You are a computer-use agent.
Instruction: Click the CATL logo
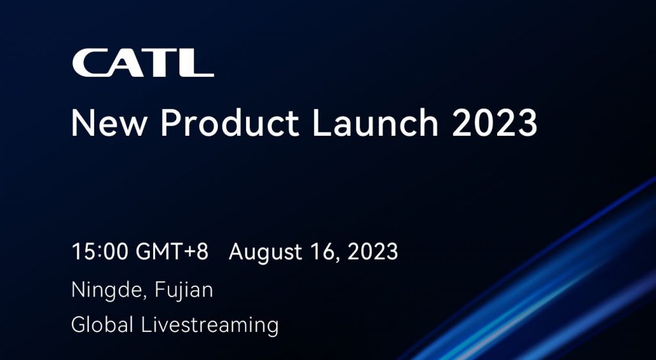point(143,63)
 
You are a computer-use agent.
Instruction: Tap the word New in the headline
point(109,123)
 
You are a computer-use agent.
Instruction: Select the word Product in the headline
point(230,122)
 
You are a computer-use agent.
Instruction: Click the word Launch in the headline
point(375,122)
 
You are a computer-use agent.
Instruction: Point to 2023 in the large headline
point(495,123)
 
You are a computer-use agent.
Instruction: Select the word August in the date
point(265,253)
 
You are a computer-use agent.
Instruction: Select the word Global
point(102,325)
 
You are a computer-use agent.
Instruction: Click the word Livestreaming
point(209,325)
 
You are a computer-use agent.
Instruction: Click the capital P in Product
point(172,123)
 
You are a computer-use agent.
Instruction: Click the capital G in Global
point(79,325)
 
